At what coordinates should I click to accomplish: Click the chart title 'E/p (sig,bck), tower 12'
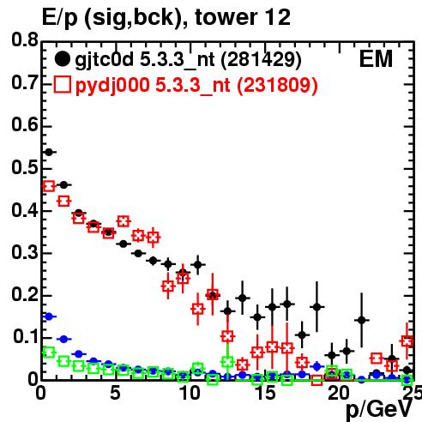pyautogui.click(x=166, y=18)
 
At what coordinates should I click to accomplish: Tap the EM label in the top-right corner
pyautogui.click(x=376, y=59)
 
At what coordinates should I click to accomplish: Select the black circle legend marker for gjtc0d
pyautogui.click(x=62, y=59)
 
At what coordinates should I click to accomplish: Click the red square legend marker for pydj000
pyautogui.click(x=62, y=84)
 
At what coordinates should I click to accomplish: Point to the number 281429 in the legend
pyautogui.click(x=262, y=59)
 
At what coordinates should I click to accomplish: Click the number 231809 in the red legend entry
pyautogui.click(x=277, y=85)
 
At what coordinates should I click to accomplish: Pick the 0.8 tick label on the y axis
pyautogui.click(x=25, y=39)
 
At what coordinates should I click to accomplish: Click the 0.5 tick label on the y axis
pyautogui.click(x=25, y=167)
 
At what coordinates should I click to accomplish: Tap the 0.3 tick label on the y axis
pyautogui.click(x=25, y=252)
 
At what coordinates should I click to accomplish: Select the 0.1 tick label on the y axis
pyautogui.click(x=26, y=337)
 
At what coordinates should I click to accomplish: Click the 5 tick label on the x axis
pyautogui.click(x=115, y=393)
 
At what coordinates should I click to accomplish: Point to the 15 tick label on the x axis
pyautogui.click(x=265, y=393)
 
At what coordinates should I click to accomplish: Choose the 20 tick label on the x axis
pyautogui.click(x=339, y=393)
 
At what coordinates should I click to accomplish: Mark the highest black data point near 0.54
pyautogui.click(x=49, y=152)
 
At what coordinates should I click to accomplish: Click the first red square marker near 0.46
pyautogui.click(x=49, y=186)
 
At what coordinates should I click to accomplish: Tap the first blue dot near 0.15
pyautogui.click(x=49, y=316)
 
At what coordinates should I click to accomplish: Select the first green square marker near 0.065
pyautogui.click(x=49, y=353)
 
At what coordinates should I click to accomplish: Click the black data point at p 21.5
pyautogui.click(x=362, y=320)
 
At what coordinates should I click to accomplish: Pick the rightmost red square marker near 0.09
pyautogui.click(x=407, y=341)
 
